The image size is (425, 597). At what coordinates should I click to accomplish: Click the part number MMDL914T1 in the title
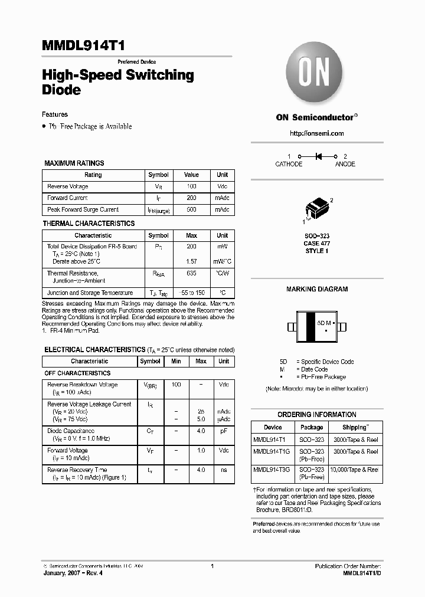(x=83, y=47)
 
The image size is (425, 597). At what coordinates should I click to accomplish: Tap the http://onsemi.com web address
(x=316, y=133)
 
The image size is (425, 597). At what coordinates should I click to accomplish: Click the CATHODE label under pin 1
(x=289, y=164)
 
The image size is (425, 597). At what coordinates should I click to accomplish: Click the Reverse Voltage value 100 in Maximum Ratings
(x=191, y=186)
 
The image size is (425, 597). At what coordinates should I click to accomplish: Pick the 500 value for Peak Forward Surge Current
(x=191, y=209)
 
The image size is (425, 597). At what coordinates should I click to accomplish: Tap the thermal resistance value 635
(x=191, y=274)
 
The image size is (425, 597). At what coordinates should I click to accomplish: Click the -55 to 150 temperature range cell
(x=191, y=293)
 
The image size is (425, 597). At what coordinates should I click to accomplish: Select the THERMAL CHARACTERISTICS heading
(x=89, y=224)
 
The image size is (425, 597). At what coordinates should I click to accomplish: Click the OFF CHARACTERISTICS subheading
(x=77, y=373)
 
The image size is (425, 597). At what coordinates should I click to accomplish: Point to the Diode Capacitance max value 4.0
(x=201, y=431)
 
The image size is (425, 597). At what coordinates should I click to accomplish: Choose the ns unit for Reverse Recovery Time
(x=224, y=470)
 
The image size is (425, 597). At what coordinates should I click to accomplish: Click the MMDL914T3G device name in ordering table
(x=273, y=470)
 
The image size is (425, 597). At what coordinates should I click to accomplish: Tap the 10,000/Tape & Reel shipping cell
(x=355, y=470)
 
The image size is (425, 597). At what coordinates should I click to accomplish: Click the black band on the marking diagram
(x=309, y=326)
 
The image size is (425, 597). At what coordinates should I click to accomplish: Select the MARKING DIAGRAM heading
(x=317, y=289)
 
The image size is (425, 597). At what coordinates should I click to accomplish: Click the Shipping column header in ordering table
(x=355, y=427)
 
